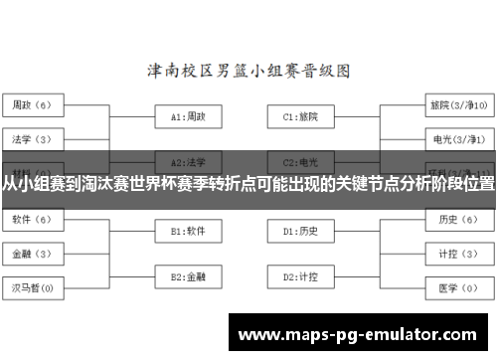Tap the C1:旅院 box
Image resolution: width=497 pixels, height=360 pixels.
(299, 116)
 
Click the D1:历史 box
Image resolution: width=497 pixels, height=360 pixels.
(299, 231)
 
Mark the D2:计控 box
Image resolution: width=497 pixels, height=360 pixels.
(299, 275)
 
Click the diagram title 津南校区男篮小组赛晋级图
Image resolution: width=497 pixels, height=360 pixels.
(248, 71)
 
